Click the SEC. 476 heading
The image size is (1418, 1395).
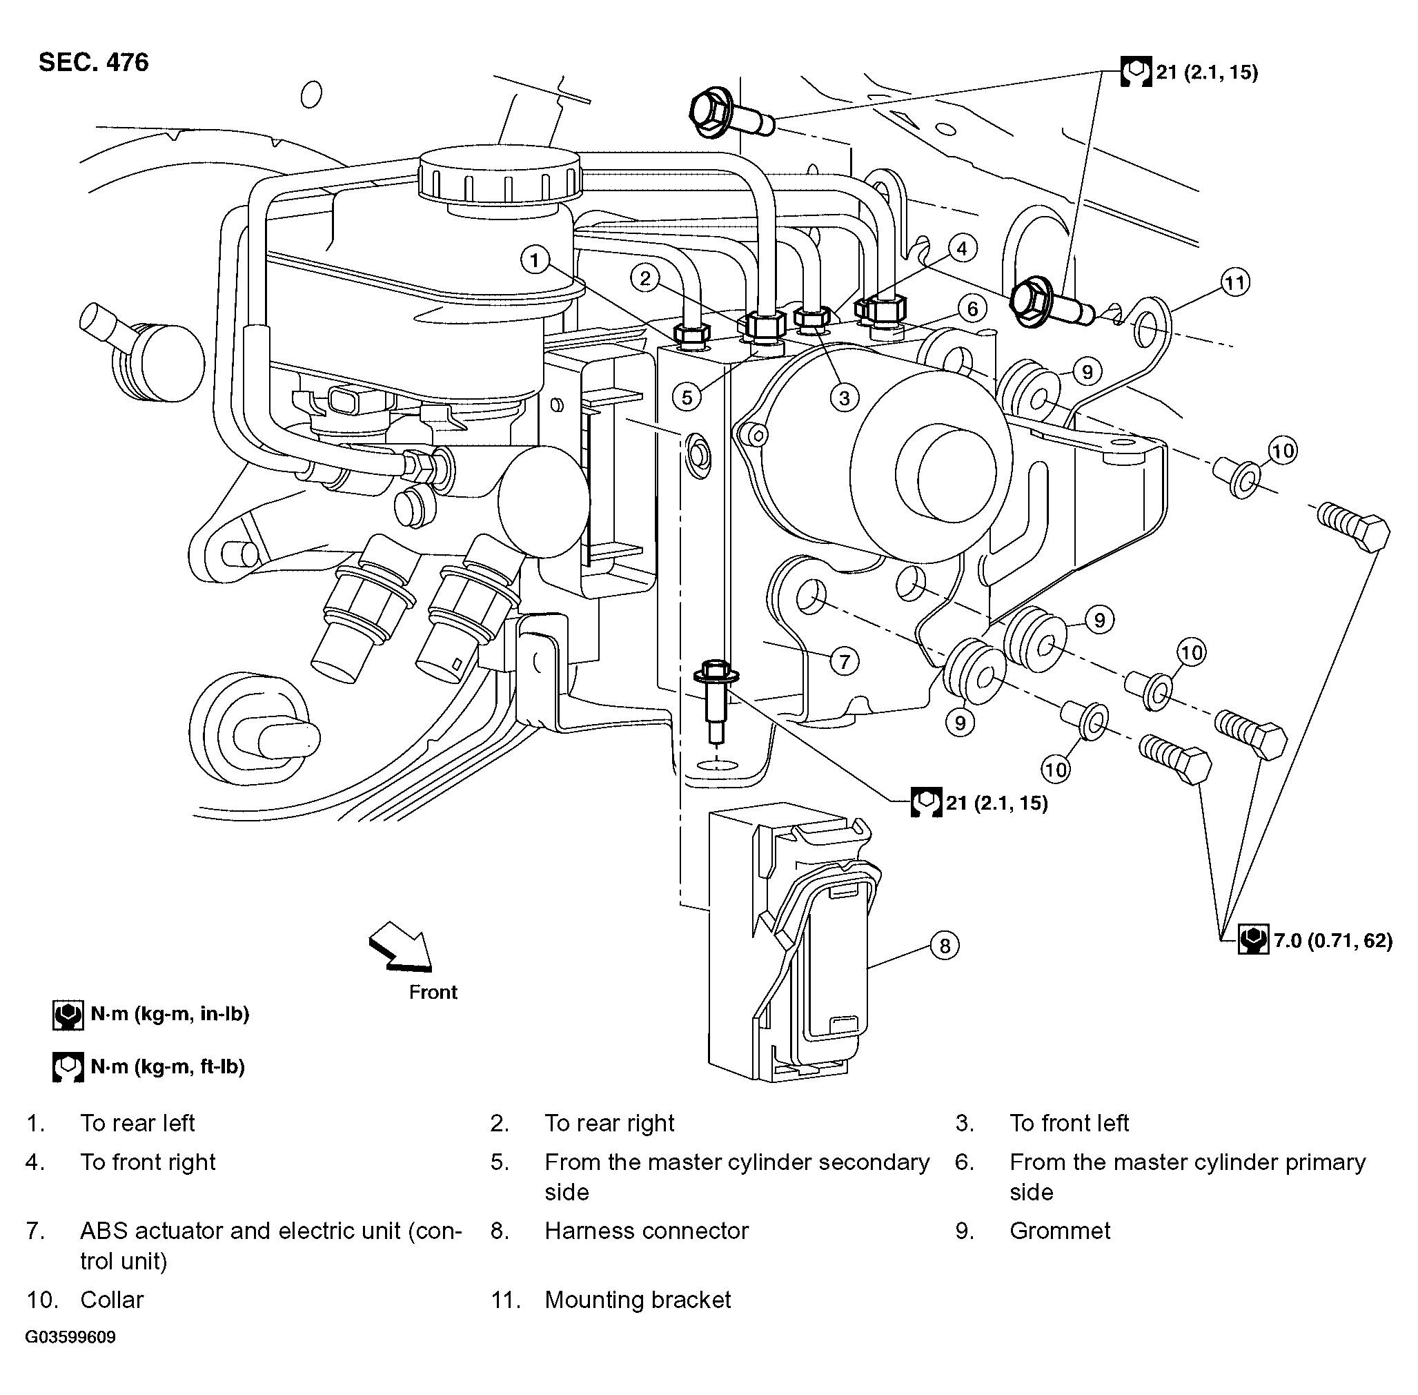click(93, 62)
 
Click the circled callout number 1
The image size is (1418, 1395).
click(535, 260)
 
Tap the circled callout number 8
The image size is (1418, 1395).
click(944, 946)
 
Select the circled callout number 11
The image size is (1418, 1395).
click(1235, 283)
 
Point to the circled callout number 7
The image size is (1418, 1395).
click(845, 661)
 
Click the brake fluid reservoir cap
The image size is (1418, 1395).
click(500, 173)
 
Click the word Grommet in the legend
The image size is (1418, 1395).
click(1059, 1230)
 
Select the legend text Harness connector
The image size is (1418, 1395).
click(646, 1230)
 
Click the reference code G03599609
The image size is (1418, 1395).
click(70, 1337)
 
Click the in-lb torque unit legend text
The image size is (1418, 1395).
click(170, 1014)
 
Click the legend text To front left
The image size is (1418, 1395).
click(1069, 1123)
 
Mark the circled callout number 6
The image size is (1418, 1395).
click(972, 309)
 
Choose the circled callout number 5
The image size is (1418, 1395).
click(687, 397)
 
